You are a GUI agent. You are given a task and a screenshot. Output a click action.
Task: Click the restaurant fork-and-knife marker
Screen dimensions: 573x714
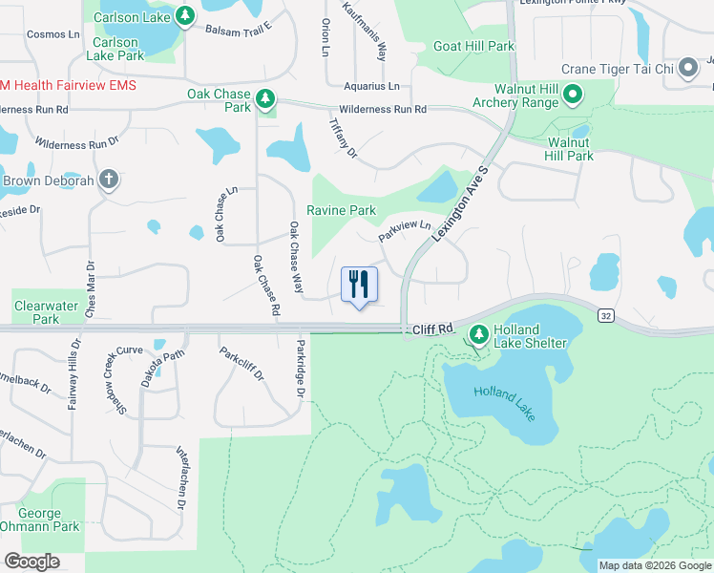pos(359,284)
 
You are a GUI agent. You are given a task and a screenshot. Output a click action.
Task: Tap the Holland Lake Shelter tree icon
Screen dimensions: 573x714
pos(478,335)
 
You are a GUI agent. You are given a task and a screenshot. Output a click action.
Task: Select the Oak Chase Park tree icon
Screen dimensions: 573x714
pos(265,99)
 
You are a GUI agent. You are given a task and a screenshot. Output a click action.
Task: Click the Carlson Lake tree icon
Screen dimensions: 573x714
pos(185,15)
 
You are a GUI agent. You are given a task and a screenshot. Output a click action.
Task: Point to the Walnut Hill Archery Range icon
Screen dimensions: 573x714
pos(573,94)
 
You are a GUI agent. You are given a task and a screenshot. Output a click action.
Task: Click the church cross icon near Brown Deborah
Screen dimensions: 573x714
pos(110,179)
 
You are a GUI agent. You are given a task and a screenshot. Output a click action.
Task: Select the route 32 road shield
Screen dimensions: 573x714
pos(605,313)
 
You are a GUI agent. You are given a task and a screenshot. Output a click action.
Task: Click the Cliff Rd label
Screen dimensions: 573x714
pos(432,329)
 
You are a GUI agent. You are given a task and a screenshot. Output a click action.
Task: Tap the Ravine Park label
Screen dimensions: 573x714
pos(341,210)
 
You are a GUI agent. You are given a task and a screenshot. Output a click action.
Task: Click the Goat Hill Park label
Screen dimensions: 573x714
pos(473,46)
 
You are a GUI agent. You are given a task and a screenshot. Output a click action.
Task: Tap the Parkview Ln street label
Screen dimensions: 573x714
pos(405,230)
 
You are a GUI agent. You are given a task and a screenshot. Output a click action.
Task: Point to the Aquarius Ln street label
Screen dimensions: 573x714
pos(373,86)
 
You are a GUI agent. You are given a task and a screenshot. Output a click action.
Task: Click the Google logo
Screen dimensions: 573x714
pos(31,562)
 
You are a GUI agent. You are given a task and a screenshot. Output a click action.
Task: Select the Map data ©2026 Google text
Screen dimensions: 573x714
pos(655,565)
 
